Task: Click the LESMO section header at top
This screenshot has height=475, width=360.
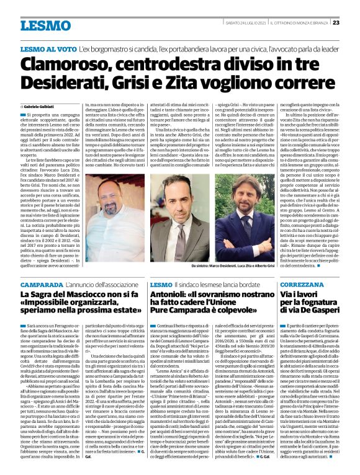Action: pos(45,25)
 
